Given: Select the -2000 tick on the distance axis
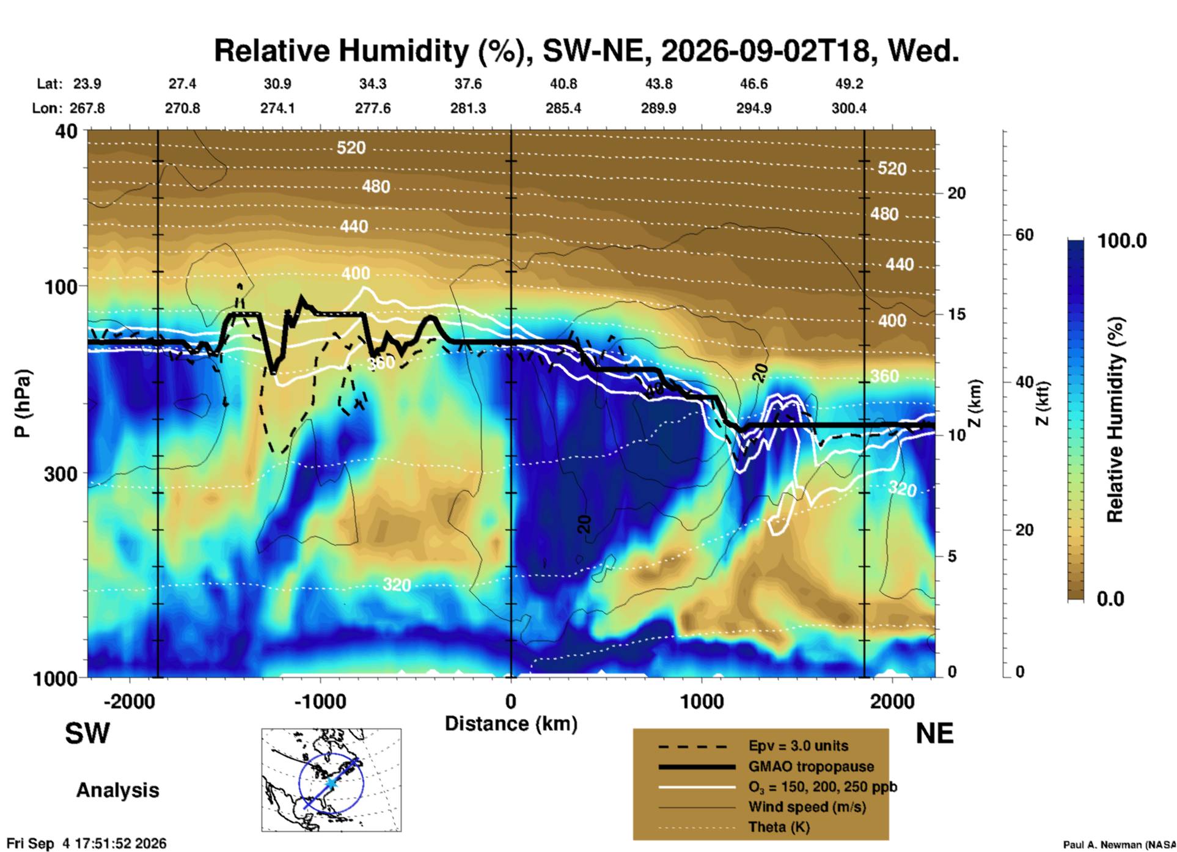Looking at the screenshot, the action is click(x=129, y=702).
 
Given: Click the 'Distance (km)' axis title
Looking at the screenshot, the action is click(x=511, y=724).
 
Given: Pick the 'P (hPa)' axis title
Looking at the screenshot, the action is click(x=22, y=403).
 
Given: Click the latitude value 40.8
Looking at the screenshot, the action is click(x=563, y=84).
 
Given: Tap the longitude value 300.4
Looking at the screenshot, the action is click(x=849, y=108).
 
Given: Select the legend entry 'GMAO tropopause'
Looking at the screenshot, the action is click(x=811, y=766).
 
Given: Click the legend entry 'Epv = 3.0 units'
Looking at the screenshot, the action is click(x=798, y=746).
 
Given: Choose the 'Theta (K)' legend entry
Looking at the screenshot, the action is click(x=779, y=828).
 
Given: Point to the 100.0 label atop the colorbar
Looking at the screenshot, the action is click(x=1122, y=241).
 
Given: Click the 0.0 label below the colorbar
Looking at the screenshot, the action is click(x=1110, y=599).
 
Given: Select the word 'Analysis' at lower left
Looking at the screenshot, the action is click(x=117, y=790).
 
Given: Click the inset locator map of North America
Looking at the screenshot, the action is click(x=331, y=780).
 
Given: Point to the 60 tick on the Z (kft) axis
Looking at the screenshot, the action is click(x=1024, y=235).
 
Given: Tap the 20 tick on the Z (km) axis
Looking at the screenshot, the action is click(x=956, y=193).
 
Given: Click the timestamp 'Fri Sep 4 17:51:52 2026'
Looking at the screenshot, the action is click(x=86, y=843).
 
